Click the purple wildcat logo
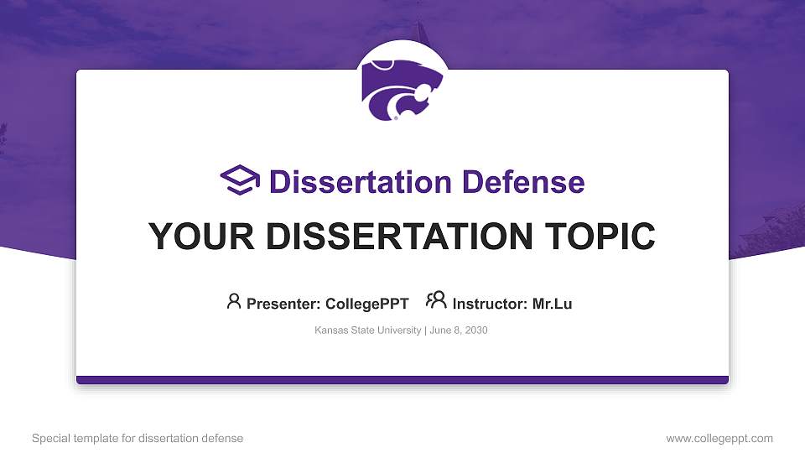[402, 88]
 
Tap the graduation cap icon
[240, 181]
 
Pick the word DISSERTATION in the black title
[390, 237]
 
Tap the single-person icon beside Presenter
[234, 301]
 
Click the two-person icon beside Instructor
[436, 300]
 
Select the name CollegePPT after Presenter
[368, 304]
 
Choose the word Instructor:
[490, 304]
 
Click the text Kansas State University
[368, 331]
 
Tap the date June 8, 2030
[459, 331]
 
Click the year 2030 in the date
[475, 331]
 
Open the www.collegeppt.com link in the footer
[719, 438]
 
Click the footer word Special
[50, 438]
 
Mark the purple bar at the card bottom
[402, 380]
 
